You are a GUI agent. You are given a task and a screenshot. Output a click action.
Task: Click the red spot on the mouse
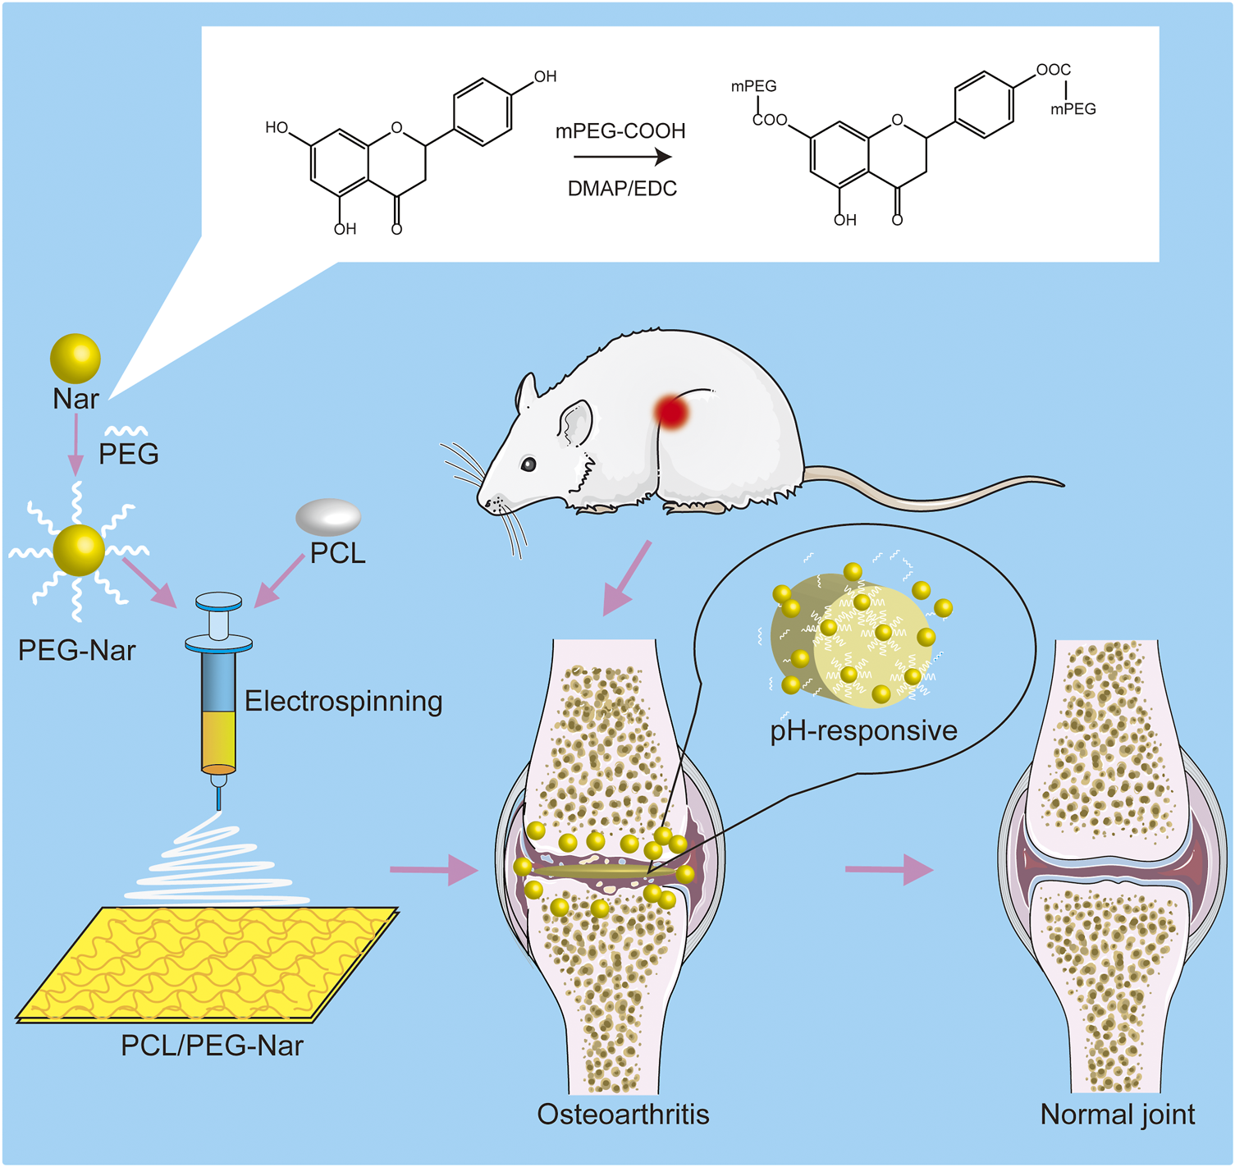coord(672,411)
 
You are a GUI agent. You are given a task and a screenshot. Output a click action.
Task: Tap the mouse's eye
coord(528,465)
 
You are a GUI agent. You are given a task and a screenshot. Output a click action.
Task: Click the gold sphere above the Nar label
coord(75,359)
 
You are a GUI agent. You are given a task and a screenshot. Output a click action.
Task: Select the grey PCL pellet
coord(328,517)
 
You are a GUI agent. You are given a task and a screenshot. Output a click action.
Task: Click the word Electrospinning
coord(343,701)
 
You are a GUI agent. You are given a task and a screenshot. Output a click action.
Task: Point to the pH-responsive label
coord(863,730)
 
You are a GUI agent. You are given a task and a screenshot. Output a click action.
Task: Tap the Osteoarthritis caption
coord(623,1114)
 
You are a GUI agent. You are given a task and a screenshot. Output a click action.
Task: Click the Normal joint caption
coord(1117,1114)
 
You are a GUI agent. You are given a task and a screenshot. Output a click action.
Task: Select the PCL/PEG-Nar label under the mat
coord(212,1046)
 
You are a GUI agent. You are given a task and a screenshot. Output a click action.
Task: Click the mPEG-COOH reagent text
coord(620,131)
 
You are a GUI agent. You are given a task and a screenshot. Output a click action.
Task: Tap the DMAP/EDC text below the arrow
coord(622,189)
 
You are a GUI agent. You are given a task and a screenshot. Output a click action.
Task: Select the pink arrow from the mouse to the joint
coord(627,578)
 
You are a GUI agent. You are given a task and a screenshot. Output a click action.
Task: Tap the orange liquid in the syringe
coord(218,739)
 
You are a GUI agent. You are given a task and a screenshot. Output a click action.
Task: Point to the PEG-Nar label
coord(76,650)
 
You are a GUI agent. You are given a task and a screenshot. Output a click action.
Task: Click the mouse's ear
coord(576,423)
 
